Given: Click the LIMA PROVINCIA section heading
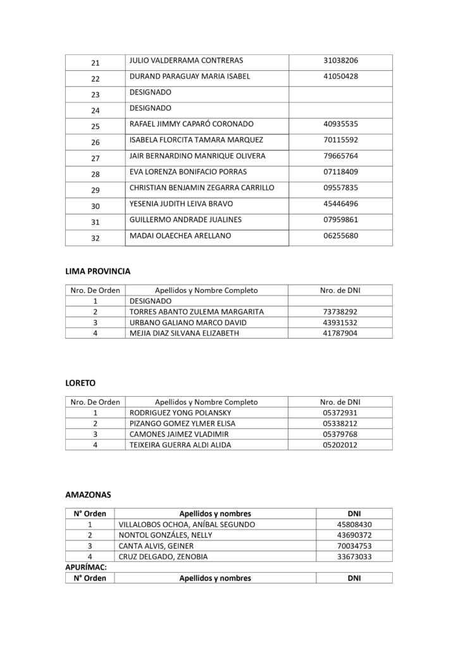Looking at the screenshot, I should (x=98, y=271).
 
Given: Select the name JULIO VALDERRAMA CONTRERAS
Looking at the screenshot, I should (x=187, y=61).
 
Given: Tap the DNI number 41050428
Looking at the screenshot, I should (x=340, y=77).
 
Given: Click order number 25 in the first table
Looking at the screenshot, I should (x=96, y=126).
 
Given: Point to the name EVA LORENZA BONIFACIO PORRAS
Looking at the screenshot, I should (x=188, y=171).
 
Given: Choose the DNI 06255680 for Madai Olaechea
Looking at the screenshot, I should (x=340, y=235).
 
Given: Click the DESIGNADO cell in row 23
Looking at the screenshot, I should (x=145, y=92).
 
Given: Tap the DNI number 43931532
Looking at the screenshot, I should (x=340, y=323).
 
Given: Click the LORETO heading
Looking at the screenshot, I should (x=80, y=383).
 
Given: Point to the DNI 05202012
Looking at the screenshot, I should (x=340, y=445).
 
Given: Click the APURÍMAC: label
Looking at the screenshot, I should (x=86, y=568).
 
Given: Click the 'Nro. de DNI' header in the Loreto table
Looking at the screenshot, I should (x=340, y=402).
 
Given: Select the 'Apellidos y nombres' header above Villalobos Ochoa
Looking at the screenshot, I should (x=215, y=513).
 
